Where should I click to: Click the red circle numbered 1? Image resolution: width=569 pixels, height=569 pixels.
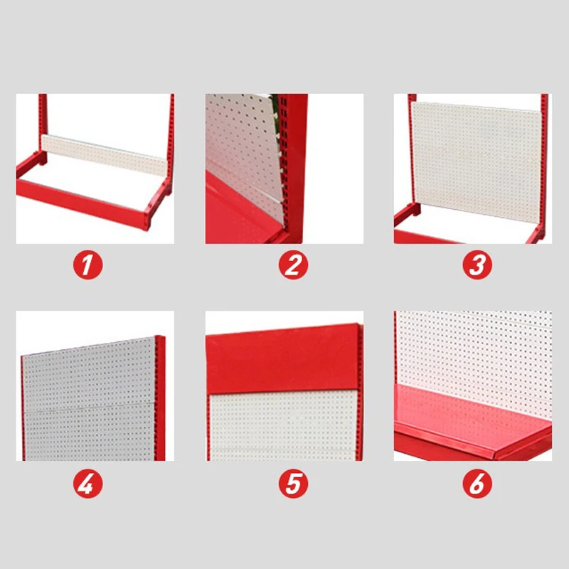(87, 266)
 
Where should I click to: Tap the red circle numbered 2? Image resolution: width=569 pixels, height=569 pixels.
(292, 266)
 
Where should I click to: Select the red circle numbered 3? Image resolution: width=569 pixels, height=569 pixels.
(477, 266)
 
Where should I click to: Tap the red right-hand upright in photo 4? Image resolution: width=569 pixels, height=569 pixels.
(160, 398)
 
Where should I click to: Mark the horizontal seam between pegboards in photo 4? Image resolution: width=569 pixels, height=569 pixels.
(89, 408)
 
